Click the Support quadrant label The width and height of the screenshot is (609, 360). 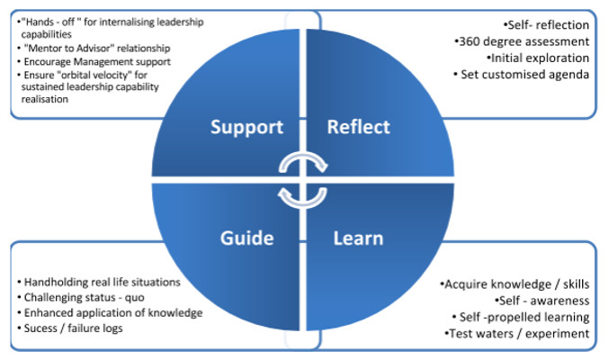click(x=247, y=127)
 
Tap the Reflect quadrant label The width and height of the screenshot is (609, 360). click(x=359, y=127)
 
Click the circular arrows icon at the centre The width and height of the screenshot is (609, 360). click(x=303, y=180)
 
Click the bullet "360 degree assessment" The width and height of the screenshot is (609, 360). click(x=522, y=40)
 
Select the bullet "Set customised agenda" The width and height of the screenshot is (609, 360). click(x=523, y=75)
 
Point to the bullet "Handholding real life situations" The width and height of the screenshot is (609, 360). click(x=103, y=282)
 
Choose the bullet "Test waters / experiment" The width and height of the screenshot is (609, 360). click(x=517, y=334)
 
